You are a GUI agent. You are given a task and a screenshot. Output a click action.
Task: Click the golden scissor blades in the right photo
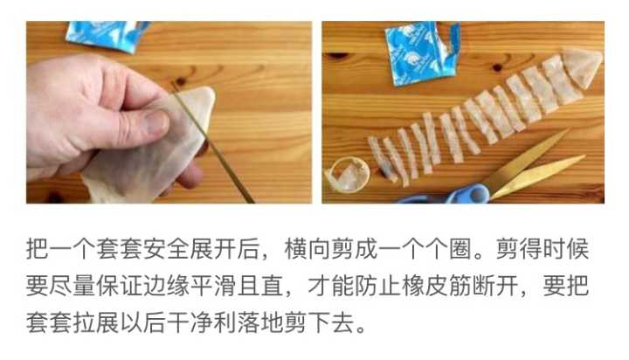(x=533, y=166)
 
